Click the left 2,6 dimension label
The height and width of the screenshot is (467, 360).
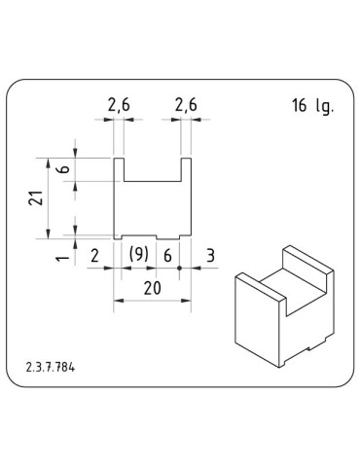click(119, 106)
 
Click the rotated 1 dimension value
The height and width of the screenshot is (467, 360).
click(62, 258)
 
